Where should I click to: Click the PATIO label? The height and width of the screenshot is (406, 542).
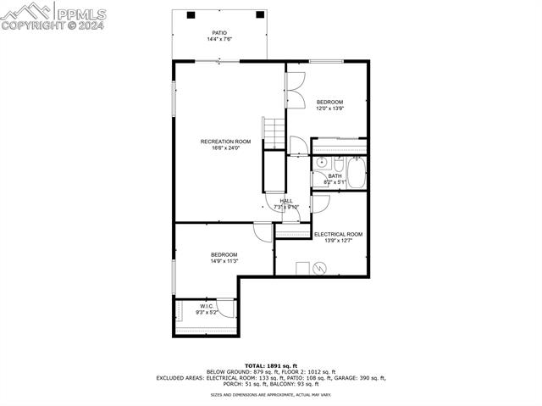pyautogui.click(x=219, y=33)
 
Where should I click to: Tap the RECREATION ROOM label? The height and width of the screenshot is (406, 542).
pyautogui.click(x=225, y=141)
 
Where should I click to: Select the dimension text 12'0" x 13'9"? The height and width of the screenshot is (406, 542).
pyautogui.click(x=330, y=108)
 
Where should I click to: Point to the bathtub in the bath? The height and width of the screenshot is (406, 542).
pyautogui.click(x=357, y=174)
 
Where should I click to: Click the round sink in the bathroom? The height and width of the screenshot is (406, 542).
pyautogui.click(x=323, y=164)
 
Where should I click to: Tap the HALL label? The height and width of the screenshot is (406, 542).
pyautogui.click(x=286, y=201)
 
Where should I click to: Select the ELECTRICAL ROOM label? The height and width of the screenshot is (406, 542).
pyautogui.click(x=338, y=234)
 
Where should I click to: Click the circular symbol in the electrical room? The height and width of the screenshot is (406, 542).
pyautogui.click(x=320, y=268)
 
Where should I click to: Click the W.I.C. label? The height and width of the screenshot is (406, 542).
pyautogui.click(x=209, y=306)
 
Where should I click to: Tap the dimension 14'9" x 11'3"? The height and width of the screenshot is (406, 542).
pyautogui.click(x=224, y=262)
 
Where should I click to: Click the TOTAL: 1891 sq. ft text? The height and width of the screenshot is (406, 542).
pyautogui.click(x=271, y=364)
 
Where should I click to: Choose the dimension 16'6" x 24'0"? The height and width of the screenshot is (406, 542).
pyautogui.click(x=225, y=148)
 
